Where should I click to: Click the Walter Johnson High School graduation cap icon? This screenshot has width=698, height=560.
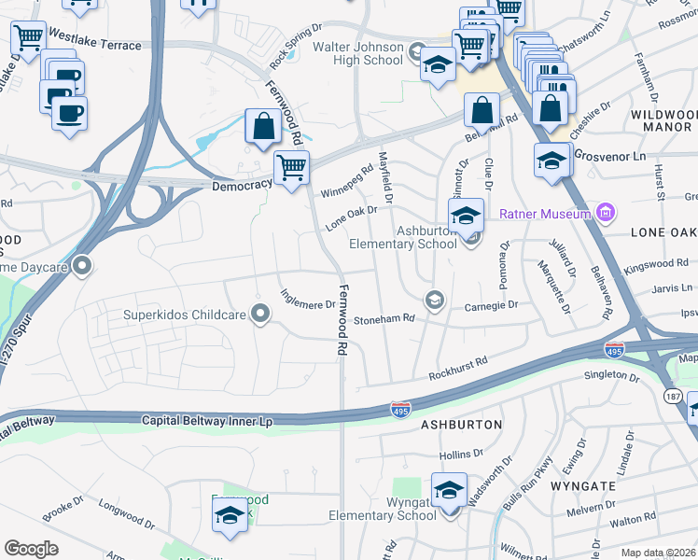436,65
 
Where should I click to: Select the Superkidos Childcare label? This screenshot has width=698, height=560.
184,315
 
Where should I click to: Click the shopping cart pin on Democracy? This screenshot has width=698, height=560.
291,169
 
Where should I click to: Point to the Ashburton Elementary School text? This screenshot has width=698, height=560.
402,237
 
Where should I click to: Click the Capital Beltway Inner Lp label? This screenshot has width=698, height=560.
207,421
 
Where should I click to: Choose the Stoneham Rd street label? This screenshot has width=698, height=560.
384,319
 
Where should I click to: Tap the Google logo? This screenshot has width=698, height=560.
31,548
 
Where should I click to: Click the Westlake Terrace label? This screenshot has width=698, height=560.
95,45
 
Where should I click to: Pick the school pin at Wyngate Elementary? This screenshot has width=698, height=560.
449,490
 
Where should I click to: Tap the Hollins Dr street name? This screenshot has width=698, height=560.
462,454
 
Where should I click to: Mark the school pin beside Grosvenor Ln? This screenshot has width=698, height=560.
551,160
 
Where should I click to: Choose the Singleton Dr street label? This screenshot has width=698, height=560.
611,376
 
